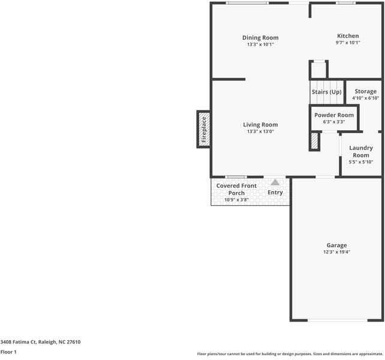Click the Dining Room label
(x=260, y=38)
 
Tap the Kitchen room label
(x=348, y=36)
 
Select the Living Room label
(x=260, y=125)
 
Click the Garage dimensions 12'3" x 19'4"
(x=336, y=252)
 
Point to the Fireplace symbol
(x=203, y=128)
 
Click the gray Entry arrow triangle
(x=275, y=182)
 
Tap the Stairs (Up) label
(x=326, y=92)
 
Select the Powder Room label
(x=334, y=115)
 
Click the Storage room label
(x=365, y=91)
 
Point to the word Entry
(x=275, y=193)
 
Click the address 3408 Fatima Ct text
(x=40, y=342)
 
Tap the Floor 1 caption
(x=8, y=352)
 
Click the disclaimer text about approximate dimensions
(x=290, y=354)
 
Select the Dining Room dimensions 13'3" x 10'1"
(x=260, y=44)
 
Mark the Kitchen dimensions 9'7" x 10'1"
(x=348, y=43)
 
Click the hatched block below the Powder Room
(x=314, y=141)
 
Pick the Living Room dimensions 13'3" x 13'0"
(x=260, y=131)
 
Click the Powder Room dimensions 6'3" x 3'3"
(x=334, y=122)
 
